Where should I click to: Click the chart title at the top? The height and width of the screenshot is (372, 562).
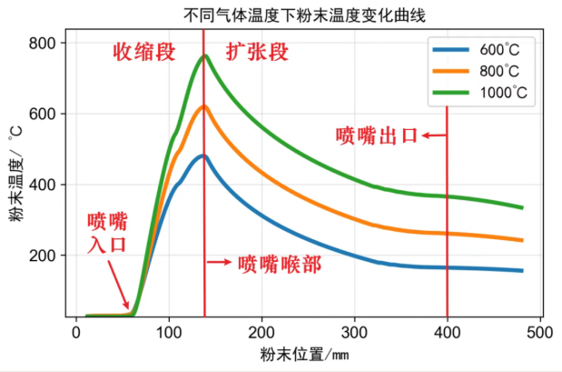(x=280, y=15)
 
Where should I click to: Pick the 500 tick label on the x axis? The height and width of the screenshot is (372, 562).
(x=540, y=332)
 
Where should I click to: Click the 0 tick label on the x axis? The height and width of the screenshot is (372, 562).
(x=76, y=332)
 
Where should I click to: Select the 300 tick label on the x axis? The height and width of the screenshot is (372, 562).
(x=355, y=332)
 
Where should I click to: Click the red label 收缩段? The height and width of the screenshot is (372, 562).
(x=143, y=52)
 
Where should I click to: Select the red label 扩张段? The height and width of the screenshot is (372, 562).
(x=257, y=52)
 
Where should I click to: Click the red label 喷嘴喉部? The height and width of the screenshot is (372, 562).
(x=279, y=264)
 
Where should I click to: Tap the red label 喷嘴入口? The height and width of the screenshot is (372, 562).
(x=107, y=233)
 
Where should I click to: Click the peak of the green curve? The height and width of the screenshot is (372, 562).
(x=204, y=55)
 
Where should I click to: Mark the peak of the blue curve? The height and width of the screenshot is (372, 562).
(x=203, y=156)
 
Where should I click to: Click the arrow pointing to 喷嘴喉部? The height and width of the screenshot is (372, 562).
(x=220, y=262)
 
